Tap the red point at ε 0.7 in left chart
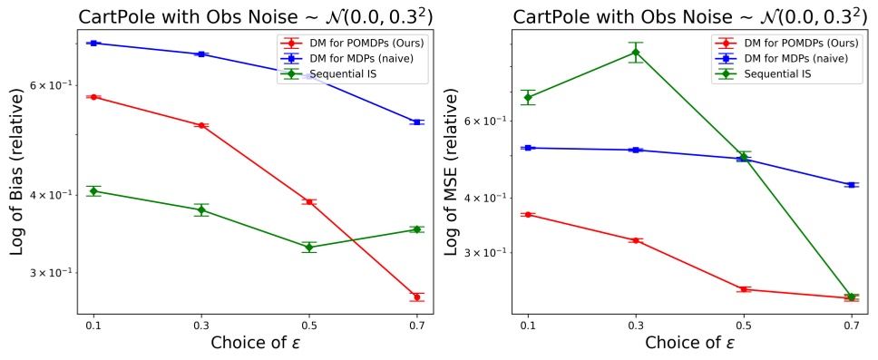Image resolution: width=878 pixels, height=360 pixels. coord(417,297)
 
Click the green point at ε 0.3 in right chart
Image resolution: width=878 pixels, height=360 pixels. coord(636,53)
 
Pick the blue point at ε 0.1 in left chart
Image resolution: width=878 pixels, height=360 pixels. coord(93,43)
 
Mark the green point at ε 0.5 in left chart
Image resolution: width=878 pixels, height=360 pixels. coord(309,247)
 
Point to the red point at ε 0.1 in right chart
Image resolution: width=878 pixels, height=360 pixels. coord(528,215)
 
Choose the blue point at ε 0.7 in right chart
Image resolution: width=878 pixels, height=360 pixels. coord(852,185)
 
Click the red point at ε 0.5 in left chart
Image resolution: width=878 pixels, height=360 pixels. coord(309,202)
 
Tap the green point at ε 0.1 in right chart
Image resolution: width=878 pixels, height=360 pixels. coord(528,97)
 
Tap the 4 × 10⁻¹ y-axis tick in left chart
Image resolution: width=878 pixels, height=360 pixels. coord(57,195)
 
